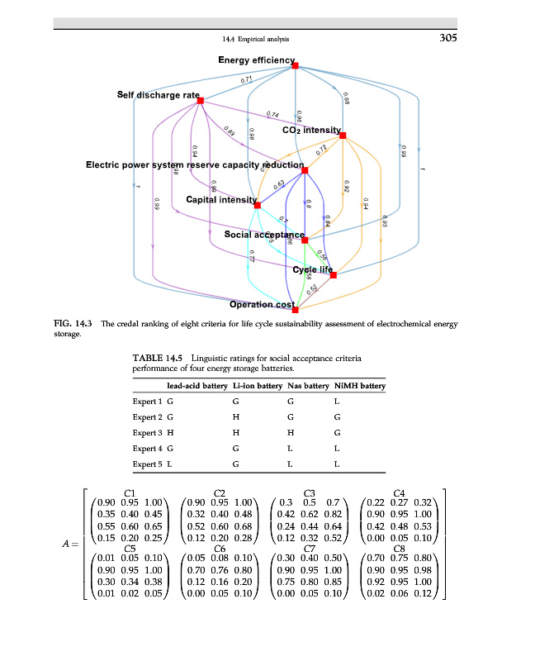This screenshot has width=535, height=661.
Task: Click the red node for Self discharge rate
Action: coord(201,101)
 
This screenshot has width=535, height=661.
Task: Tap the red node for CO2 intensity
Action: coord(343,135)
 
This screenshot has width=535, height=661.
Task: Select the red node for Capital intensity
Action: coord(258,205)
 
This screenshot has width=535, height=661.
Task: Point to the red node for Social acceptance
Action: coord(305,240)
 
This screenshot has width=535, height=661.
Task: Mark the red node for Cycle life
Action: coord(334,274)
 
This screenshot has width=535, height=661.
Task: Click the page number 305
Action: coord(446,37)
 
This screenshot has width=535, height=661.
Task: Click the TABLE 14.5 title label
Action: coord(159,358)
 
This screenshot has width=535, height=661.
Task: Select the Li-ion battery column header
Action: coord(237,386)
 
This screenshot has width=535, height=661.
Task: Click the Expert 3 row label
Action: coord(148,433)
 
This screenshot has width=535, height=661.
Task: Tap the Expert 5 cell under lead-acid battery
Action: coord(170,464)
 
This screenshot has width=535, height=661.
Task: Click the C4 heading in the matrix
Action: coord(400,493)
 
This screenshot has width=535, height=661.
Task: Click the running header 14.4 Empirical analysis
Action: coord(256,39)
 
